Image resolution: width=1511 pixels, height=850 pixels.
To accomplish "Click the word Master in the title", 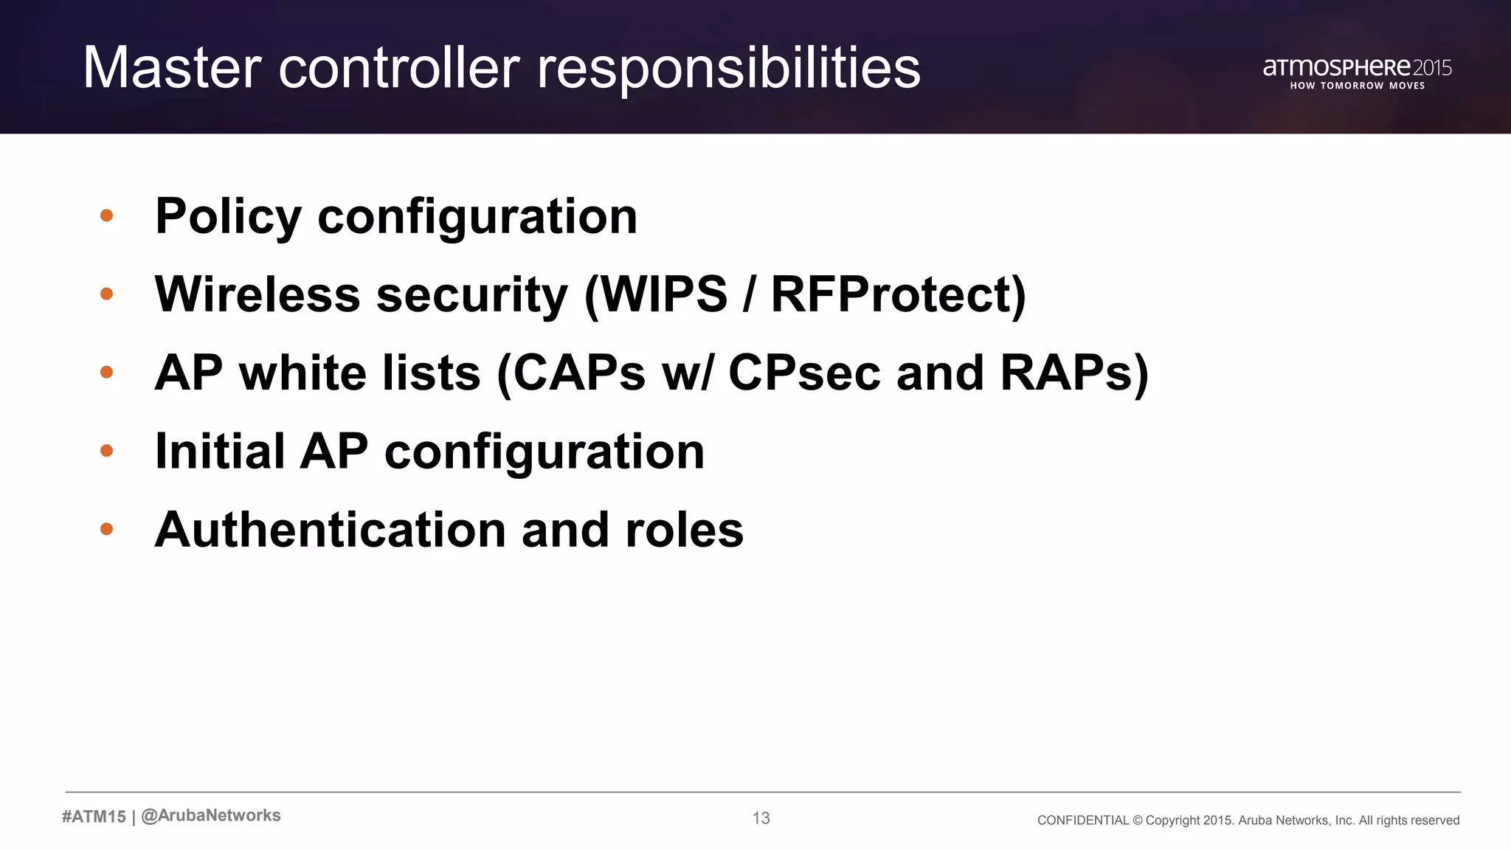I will pos(172,68).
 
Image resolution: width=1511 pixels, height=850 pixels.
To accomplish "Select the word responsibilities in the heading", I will pos(728,69).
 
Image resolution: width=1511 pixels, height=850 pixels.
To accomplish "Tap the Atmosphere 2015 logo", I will pos(1357,67).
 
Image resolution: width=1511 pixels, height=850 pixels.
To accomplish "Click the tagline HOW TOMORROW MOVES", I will pos(1357,86).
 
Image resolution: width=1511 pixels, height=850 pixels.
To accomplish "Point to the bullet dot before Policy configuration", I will pos(106,215).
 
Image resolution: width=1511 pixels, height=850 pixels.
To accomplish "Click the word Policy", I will pos(228,217).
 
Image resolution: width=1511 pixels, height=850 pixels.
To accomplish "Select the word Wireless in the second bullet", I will pos(257,294).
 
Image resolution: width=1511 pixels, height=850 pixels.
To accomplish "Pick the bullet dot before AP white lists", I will pos(106,372).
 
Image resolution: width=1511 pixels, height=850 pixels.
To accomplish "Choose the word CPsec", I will pos(803,373).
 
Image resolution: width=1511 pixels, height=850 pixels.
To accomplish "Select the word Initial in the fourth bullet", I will pos(220,451).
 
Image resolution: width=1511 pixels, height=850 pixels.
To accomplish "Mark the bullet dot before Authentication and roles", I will pos(106,529).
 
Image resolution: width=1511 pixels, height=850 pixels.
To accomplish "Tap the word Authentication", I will pos(330,530).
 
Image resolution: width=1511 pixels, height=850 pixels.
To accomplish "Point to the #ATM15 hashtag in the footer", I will pos(94,816).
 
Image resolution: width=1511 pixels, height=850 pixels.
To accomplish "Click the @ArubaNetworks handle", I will pos(211,815).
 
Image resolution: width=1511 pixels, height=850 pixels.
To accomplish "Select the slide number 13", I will pos(761,818).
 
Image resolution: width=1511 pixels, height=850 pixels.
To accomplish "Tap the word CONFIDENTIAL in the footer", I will pos(1082,820).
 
